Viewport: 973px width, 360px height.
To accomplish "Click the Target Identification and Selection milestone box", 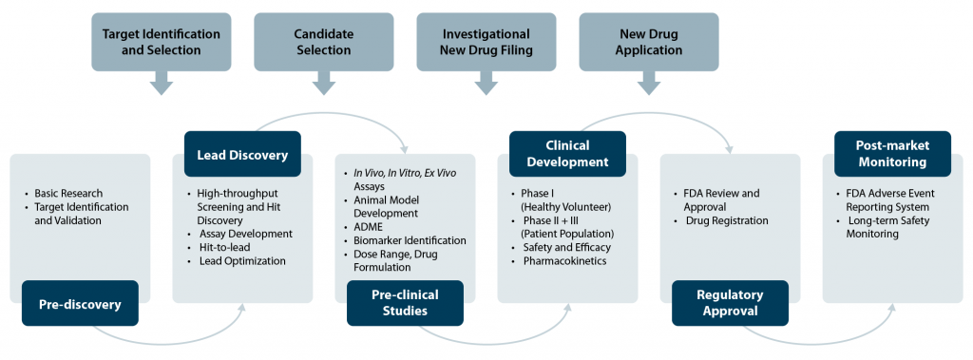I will point(162,42).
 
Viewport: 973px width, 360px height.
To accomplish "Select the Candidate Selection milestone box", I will point(323,42).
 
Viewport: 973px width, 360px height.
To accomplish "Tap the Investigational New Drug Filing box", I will point(486,42).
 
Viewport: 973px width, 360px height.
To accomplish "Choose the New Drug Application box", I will point(649,42).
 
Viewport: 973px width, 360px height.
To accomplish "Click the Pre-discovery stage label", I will point(79,304).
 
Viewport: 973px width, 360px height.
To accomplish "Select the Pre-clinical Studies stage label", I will point(405,303).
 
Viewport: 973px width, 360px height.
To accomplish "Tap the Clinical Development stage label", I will point(567,154).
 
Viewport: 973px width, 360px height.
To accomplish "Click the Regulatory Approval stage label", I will point(730,303).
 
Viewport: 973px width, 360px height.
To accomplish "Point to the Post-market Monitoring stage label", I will point(892,154).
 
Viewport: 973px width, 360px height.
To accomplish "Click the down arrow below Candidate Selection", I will point(323,85).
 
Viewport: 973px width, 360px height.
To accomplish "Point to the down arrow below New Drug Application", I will point(649,85).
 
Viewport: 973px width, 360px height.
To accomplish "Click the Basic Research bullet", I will point(68,193).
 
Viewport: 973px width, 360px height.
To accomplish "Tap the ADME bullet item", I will point(370,227).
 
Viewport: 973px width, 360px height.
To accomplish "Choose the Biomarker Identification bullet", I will point(409,240).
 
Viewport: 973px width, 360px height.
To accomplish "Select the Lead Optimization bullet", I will point(241,260).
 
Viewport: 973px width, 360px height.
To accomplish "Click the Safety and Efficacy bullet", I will point(566,247).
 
